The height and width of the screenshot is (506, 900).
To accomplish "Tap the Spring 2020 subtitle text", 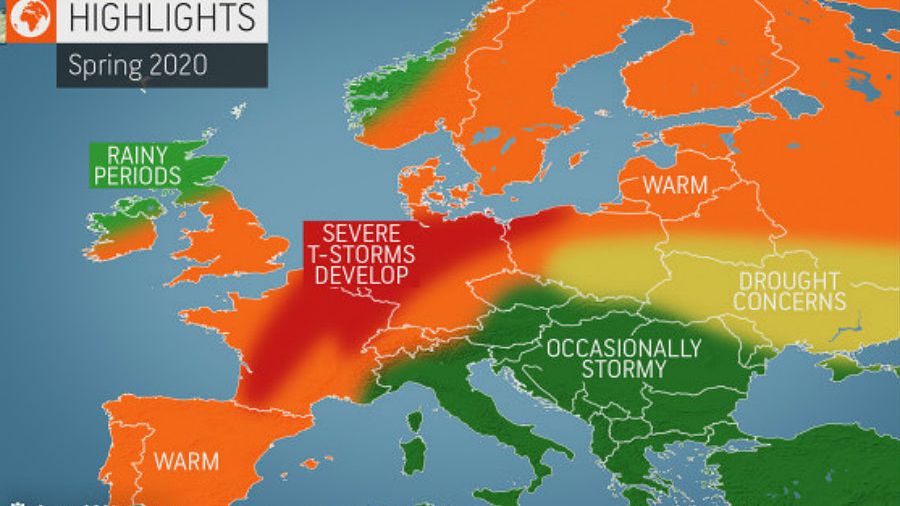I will (137, 66).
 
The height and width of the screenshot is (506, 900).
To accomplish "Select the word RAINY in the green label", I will (137, 155).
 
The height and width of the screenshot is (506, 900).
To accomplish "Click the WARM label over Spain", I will (187, 462).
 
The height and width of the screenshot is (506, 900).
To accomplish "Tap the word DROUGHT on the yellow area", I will (789, 281).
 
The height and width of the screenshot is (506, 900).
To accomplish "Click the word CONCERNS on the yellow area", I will (788, 301).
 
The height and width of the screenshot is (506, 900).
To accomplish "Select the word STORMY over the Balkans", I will (623, 370).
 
